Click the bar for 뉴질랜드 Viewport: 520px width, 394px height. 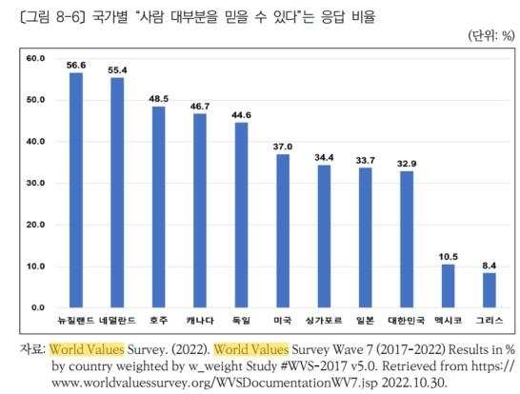pyautogui.click(x=76, y=190)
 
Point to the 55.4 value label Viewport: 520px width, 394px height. pyautogui.click(x=117, y=70)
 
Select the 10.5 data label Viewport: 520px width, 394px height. pyautogui.click(x=448, y=257)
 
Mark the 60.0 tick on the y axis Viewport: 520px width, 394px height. pyautogui.click(x=36, y=58)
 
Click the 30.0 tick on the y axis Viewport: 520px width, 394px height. pyautogui.click(x=36, y=183)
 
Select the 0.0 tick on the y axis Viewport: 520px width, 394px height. pyautogui.click(x=38, y=307)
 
